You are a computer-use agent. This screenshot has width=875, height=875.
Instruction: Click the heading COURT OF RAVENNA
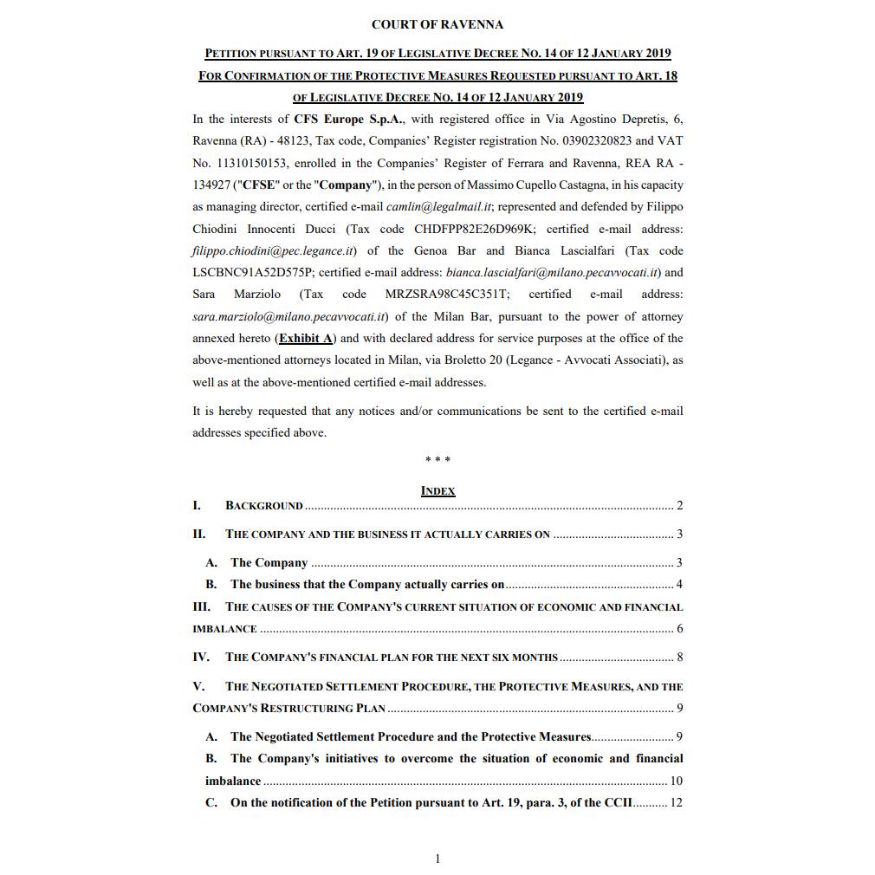coord(437,24)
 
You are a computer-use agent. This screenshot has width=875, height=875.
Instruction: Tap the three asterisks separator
coord(437,460)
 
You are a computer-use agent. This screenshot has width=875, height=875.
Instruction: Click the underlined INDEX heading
coord(437,490)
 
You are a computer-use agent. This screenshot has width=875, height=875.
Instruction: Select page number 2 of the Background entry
coord(679,506)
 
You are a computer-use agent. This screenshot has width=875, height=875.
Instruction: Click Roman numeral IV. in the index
coord(200,657)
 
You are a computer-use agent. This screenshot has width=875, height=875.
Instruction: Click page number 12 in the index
coord(676,802)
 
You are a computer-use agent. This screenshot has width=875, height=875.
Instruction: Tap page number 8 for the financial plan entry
coord(679,658)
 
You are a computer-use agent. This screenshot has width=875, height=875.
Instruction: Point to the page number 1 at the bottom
coord(437,859)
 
